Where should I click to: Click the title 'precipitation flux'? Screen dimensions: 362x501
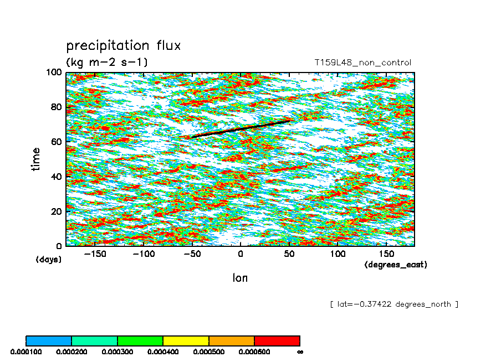(123, 45)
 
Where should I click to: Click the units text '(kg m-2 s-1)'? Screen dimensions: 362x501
(106, 62)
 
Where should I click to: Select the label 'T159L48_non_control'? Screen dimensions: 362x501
(362, 63)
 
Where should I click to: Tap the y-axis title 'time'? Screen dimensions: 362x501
(36, 159)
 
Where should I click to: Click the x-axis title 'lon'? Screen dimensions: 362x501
(240, 278)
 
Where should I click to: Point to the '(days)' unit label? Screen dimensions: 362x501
(49, 259)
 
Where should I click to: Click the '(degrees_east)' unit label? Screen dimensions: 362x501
(396, 265)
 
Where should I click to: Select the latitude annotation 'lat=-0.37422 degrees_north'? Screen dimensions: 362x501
(393, 304)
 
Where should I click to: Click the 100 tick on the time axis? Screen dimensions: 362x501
(54, 73)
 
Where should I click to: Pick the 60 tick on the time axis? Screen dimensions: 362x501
(56, 142)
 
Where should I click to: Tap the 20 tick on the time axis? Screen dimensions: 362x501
(56, 211)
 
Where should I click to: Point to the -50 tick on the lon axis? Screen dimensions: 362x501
(192, 254)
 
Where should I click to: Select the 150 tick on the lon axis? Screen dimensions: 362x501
(386, 254)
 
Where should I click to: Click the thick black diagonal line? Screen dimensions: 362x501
(241, 128)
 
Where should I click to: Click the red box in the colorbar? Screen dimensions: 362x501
(277, 340)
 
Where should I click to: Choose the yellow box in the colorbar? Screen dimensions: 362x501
(186, 340)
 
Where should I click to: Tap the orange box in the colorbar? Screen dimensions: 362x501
(231, 340)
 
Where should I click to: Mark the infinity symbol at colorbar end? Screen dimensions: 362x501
(300, 351)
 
